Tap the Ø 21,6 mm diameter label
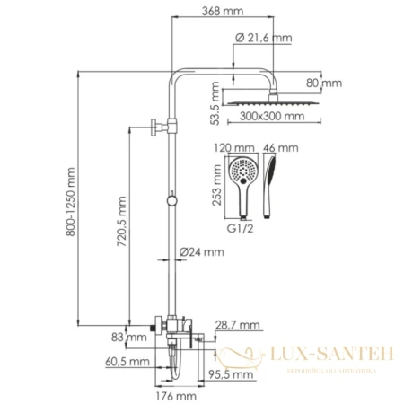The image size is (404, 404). point(263,38)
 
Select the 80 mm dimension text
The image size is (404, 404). point(329,83)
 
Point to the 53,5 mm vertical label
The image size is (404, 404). point(215,101)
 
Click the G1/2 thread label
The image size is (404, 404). point(239,228)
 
